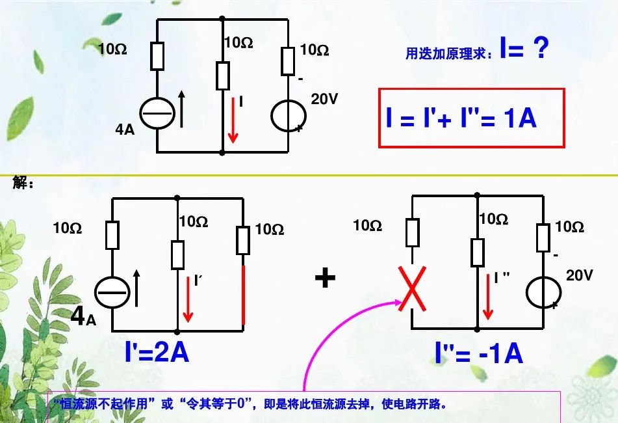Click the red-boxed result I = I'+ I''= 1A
point(472,118)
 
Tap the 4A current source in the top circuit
point(157,115)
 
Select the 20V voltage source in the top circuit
point(287,115)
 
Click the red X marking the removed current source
point(412,291)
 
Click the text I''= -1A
point(479,353)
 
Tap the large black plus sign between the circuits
point(325,279)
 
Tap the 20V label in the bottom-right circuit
point(579,275)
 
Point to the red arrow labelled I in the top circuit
point(232,120)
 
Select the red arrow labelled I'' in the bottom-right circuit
point(488,297)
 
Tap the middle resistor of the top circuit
point(222,75)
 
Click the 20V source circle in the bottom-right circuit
point(543,291)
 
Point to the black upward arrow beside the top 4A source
point(181,109)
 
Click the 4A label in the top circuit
point(125,129)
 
